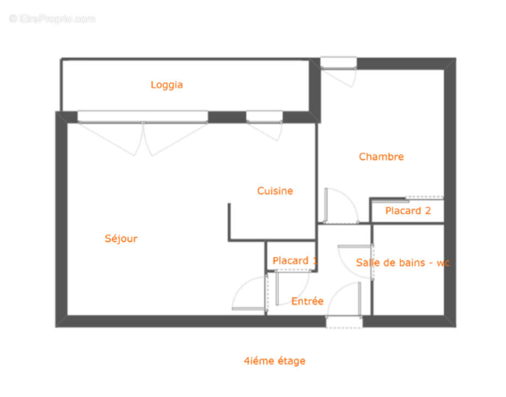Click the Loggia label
[x=166, y=85]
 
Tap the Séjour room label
[x=121, y=239]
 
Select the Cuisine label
[x=275, y=191]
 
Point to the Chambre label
[x=381, y=157]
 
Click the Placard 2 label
[x=408, y=211]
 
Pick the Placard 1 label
[x=294, y=261]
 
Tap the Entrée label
[x=307, y=301]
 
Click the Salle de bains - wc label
[x=402, y=262]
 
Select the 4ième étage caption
[x=274, y=361]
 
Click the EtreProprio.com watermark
[x=52, y=19]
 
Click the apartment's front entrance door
[x=344, y=322]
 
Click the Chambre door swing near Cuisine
[x=340, y=205]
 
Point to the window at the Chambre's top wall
[x=338, y=63]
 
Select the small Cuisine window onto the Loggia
[x=264, y=117]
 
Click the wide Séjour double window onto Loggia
[x=142, y=117]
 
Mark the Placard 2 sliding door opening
[x=425, y=198]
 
